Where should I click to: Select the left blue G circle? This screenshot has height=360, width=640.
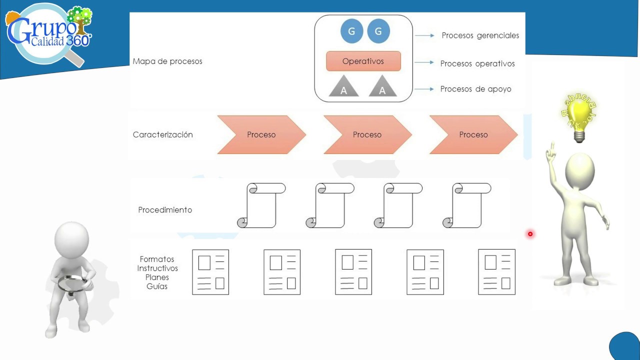(351, 31)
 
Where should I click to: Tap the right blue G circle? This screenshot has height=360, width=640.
(378, 31)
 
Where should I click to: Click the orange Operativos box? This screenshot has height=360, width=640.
(363, 61)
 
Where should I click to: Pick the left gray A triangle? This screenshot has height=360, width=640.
(344, 87)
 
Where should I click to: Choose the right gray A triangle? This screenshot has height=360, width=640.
(383, 87)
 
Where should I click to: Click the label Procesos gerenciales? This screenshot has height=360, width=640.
(480, 35)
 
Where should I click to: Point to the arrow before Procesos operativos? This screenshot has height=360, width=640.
(424, 62)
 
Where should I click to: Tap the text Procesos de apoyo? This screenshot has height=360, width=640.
(475, 89)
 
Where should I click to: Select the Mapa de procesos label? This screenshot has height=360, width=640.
(167, 61)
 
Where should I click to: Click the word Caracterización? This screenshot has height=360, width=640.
(162, 134)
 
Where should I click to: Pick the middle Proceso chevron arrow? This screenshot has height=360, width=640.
(367, 134)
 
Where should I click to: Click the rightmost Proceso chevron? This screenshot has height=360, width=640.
(473, 134)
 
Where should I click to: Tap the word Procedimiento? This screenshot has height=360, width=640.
(165, 210)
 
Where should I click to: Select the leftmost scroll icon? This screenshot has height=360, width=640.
(261, 205)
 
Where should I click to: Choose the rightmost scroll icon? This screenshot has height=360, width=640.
(466, 205)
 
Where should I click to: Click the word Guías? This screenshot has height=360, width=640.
(157, 286)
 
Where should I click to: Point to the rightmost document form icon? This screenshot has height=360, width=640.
(496, 272)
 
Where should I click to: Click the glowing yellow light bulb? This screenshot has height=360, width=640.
(579, 116)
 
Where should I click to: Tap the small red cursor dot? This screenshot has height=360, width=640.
(530, 234)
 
